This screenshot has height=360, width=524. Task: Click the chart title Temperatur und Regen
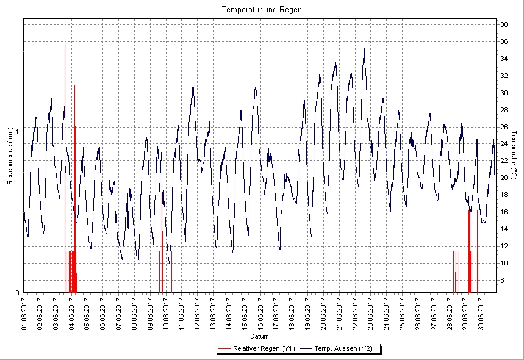[262, 10]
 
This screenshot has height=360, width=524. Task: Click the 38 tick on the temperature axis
[504, 24]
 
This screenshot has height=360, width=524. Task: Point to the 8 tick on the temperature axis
[503, 280]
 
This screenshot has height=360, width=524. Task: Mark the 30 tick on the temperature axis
[504, 93]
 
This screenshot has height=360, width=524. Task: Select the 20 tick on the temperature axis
[504, 178]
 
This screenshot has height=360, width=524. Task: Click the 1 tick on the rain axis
[18, 132]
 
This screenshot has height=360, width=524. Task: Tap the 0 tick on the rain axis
[18, 293]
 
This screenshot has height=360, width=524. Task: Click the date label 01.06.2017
[24, 313]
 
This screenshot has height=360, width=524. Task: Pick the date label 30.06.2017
[482, 313]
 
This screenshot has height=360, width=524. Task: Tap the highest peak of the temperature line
[364, 49]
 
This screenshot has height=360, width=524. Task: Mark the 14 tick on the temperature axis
[504, 229]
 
